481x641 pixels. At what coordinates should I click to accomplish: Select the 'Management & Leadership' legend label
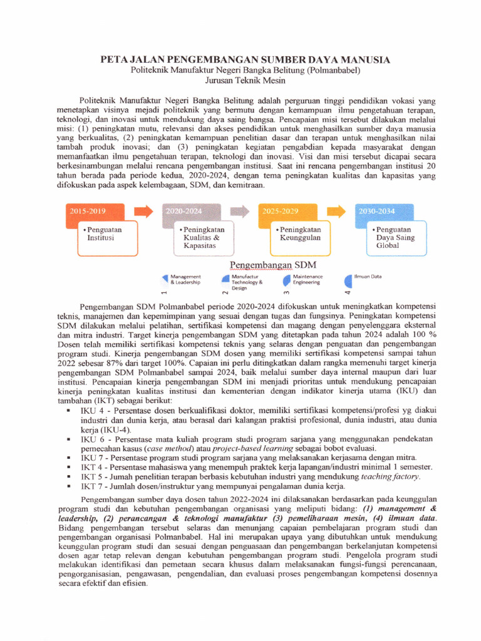click(185, 279)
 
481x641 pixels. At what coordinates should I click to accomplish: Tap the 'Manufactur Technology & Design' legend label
click(247, 282)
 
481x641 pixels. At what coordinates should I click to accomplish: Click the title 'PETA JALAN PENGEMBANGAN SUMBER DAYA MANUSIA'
click(246, 59)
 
